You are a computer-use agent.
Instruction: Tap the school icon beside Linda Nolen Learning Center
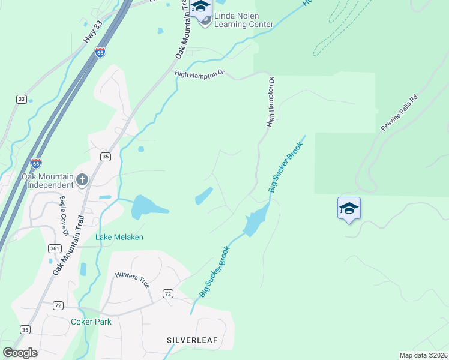(201, 8)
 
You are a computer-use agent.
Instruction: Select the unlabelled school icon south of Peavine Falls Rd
(349, 208)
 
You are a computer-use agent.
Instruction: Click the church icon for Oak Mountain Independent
(82, 179)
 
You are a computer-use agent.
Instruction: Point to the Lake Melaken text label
(119, 237)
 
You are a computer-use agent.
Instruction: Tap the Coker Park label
(91, 322)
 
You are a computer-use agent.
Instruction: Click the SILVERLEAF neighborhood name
(192, 340)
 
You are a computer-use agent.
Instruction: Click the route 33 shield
(22, 98)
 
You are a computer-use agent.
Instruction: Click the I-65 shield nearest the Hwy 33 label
(100, 52)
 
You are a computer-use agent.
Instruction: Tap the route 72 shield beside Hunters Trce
(168, 293)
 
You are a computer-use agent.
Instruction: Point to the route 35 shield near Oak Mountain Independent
(105, 157)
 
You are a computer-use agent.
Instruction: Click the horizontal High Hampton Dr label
(199, 73)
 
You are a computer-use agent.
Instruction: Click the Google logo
(20, 352)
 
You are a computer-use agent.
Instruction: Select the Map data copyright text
(424, 355)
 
